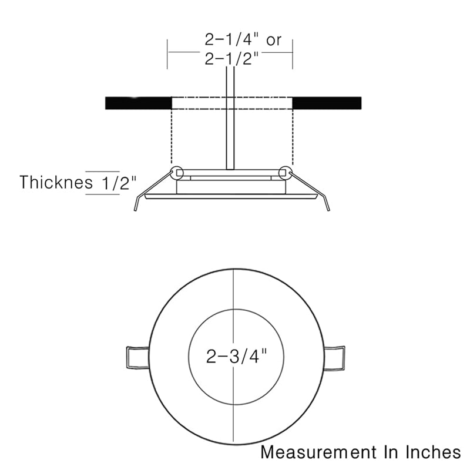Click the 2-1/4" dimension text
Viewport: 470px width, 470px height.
(x=231, y=41)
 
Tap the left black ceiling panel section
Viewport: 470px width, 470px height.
(x=137, y=103)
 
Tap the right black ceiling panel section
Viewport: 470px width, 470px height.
(x=327, y=103)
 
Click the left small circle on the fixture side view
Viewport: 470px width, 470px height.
(x=176, y=173)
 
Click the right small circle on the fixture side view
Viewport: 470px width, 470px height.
(x=286, y=173)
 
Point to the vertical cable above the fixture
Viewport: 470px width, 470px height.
(x=230, y=117)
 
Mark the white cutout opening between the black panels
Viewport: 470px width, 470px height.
(x=200, y=103)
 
